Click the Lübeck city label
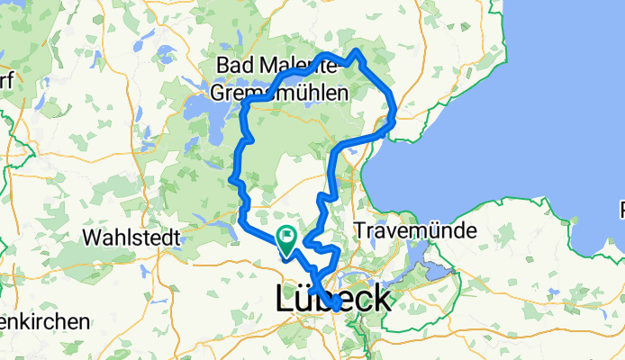tap(332, 299)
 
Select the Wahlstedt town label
tap(131, 238)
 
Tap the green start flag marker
tap(287, 238)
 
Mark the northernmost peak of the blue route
tap(358, 51)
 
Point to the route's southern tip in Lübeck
tap(334, 306)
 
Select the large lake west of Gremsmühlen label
tap(204, 108)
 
